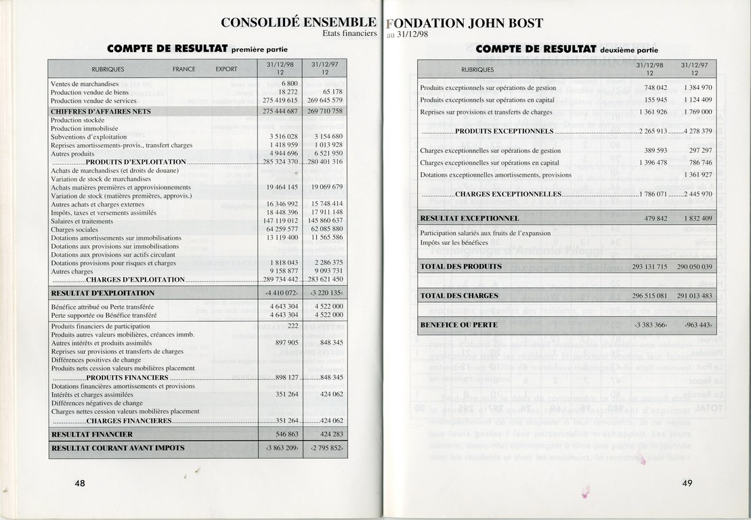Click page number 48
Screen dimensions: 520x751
79,483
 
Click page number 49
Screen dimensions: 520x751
687,483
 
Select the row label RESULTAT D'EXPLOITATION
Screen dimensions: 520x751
103,293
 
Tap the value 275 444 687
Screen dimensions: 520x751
280,111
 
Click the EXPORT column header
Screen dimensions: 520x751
226,69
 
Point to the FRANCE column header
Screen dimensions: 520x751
184,69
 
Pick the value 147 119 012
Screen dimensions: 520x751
279,221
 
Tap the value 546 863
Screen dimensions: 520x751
284,435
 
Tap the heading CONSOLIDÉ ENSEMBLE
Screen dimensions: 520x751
299,22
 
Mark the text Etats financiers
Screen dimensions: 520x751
349,34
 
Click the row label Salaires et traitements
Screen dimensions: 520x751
82,221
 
